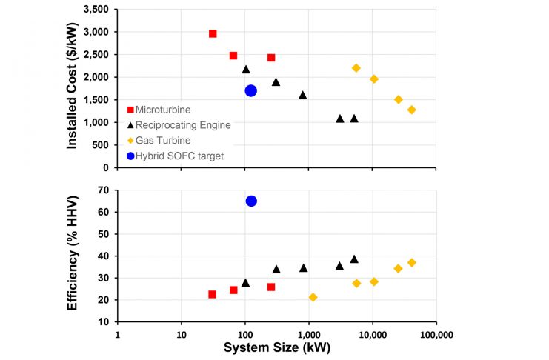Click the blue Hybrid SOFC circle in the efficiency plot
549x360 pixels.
tap(251, 201)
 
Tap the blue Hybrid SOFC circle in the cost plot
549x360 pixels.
tap(251, 90)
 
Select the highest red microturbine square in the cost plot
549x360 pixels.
tap(213, 33)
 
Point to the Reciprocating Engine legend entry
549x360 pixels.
tap(178, 124)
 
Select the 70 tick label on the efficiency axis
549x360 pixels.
tap(103, 190)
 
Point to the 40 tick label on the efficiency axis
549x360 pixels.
tap(103, 256)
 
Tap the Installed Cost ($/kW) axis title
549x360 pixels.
tap(73, 88)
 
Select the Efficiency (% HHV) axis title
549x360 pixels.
tap(73, 256)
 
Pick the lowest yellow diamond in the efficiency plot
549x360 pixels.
tap(313, 297)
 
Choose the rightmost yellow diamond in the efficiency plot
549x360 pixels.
tap(412, 262)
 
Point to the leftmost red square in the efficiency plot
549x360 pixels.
tap(213, 294)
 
